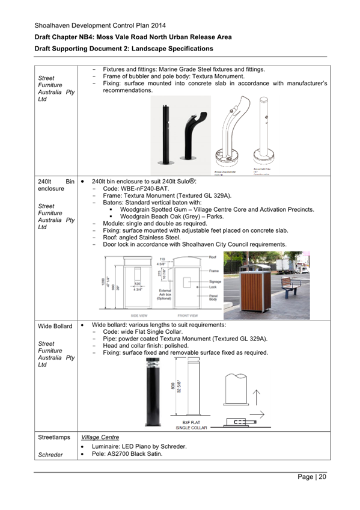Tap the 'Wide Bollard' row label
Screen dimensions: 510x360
pos(55,326)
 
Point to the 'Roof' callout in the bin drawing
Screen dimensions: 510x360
pos(213,257)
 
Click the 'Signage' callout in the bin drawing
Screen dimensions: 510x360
pos(215,281)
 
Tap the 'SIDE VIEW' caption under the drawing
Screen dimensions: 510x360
pos(141,315)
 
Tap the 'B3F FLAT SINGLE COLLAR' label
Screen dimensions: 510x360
pos(191,425)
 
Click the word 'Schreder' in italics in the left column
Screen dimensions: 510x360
pos(50,455)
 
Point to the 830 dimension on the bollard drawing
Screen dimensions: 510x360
pos(173,388)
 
